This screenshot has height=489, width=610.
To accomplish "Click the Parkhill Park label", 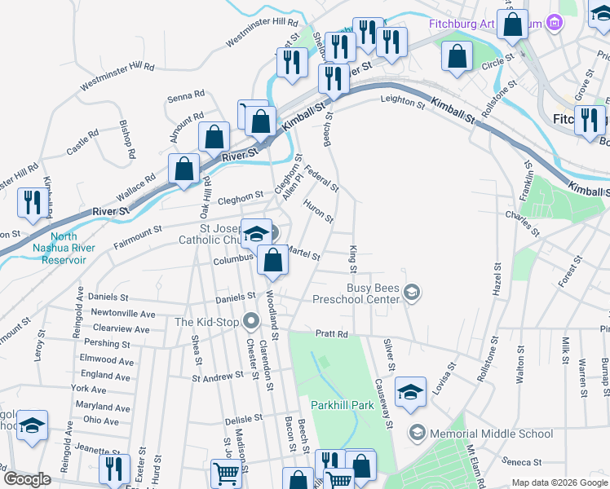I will [x=341, y=405].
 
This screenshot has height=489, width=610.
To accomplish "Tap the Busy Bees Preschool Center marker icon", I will [x=413, y=292].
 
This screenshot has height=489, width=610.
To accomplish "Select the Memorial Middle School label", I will [x=472, y=432].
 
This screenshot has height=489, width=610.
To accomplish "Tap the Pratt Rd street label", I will [x=332, y=334].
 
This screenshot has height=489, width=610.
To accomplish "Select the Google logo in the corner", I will [x=27, y=479].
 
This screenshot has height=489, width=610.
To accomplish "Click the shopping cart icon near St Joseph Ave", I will [x=226, y=473].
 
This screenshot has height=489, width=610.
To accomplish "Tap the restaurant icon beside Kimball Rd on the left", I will [x=33, y=203].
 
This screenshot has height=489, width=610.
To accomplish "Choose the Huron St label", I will [x=318, y=211].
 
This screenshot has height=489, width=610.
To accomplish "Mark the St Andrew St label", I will [x=218, y=377].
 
